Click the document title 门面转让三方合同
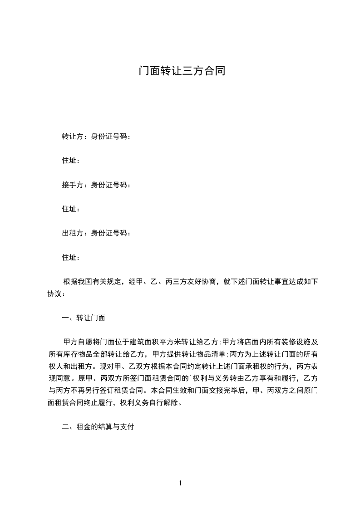[x=182, y=71]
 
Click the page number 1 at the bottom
[x=180, y=484]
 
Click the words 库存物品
[x=84, y=354]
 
